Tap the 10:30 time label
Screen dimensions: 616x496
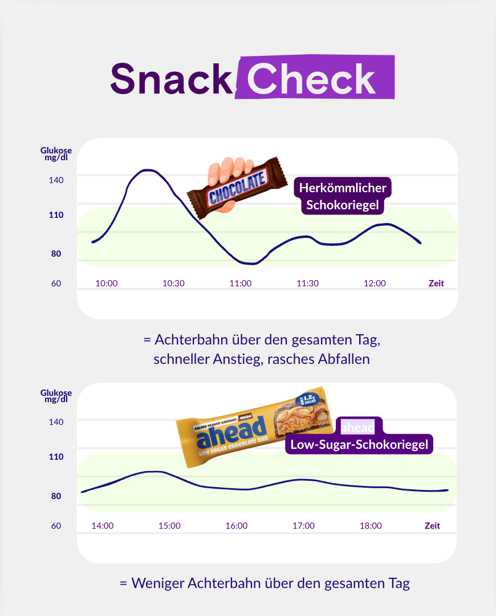(173, 283)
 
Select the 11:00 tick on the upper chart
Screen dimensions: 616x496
(241, 283)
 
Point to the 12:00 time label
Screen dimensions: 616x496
(375, 283)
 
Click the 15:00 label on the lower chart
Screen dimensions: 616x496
(169, 526)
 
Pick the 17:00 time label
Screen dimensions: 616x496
(303, 526)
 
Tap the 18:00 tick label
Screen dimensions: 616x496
(371, 526)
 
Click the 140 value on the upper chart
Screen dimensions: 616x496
(56, 180)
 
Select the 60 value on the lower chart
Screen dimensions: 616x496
(56, 526)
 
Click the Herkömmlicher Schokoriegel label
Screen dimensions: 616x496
(343, 196)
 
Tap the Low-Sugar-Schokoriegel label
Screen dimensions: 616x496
(359, 445)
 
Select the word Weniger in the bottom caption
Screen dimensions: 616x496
(160, 584)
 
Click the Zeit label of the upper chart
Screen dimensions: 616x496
(436, 283)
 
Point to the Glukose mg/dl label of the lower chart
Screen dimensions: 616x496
(56, 396)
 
